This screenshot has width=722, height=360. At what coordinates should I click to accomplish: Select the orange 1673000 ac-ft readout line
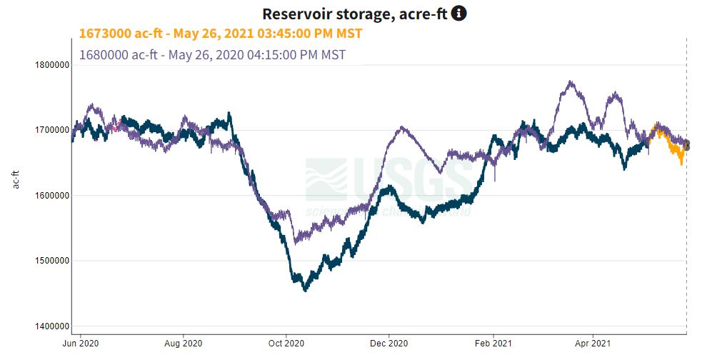[x=221, y=34]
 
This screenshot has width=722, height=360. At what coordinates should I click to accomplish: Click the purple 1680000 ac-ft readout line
[x=213, y=54]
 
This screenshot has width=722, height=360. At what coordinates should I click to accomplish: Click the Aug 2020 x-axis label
[x=184, y=342]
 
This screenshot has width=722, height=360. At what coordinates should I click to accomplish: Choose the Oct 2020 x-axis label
[x=286, y=342]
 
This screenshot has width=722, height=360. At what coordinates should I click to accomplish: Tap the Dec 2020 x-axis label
[x=389, y=342]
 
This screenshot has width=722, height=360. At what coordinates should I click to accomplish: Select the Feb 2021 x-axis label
[x=493, y=342]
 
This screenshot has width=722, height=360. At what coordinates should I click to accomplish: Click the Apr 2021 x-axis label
[x=594, y=342]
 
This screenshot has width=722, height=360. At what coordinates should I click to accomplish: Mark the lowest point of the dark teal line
[x=306, y=290]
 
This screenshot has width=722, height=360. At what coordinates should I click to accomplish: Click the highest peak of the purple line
[x=569, y=82]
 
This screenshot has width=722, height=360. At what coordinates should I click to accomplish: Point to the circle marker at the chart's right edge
[x=686, y=146]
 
